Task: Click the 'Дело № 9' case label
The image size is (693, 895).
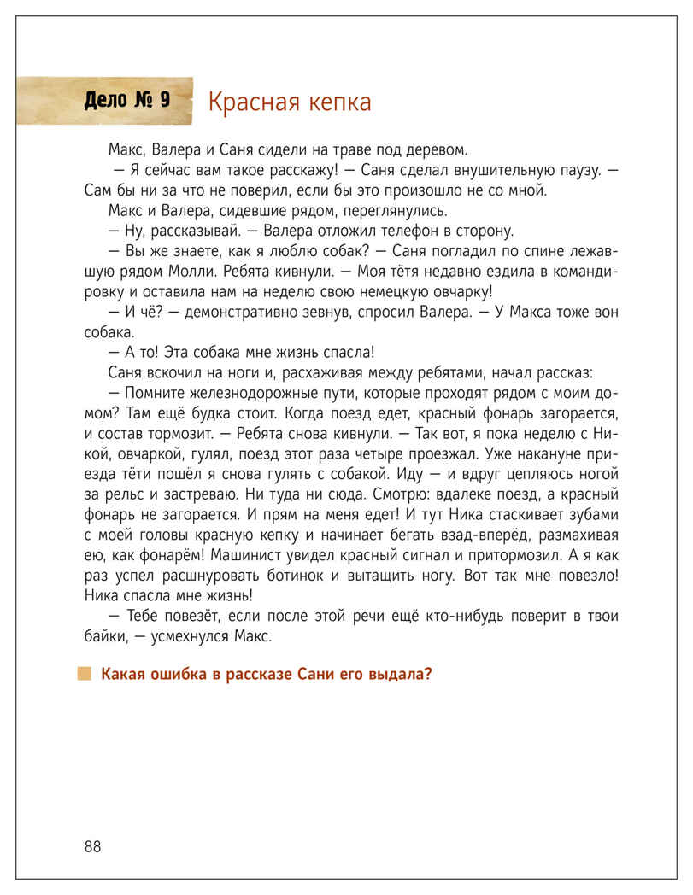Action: click(x=127, y=101)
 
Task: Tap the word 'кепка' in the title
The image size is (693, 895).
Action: click(x=338, y=102)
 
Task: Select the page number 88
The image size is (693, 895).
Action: click(x=92, y=846)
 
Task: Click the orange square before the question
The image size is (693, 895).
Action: click(x=84, y=674)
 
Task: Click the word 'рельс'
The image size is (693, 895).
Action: click(x=126, y=494)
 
